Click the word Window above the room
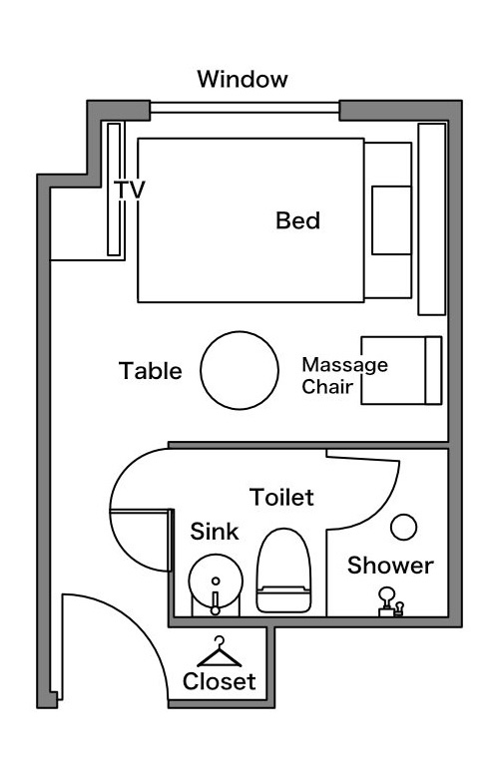click(x=243, y=79)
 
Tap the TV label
click(x=129, y=190)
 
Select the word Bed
click(x=298, y=220)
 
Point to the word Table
click(x=151, y=371)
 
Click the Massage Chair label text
click(x=344, y=376)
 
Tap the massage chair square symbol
click(x=401, y=371)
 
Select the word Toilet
click(x=281, y=497)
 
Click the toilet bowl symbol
click(x=284, y=571)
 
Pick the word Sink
click(x=215, y=532)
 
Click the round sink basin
click(x=216, y=582)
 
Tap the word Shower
click(x=390, y=566)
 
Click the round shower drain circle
click(x=403, y=527)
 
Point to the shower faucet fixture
click(x=391, y=601)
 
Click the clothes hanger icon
click(x=219, y=651)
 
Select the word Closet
click(x=219, y=681)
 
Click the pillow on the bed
click(x=392, y=220)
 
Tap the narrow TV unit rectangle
click(x=114, y=190)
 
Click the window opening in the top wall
click(x=245, y=108)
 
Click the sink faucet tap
click(x=216, y=602)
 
